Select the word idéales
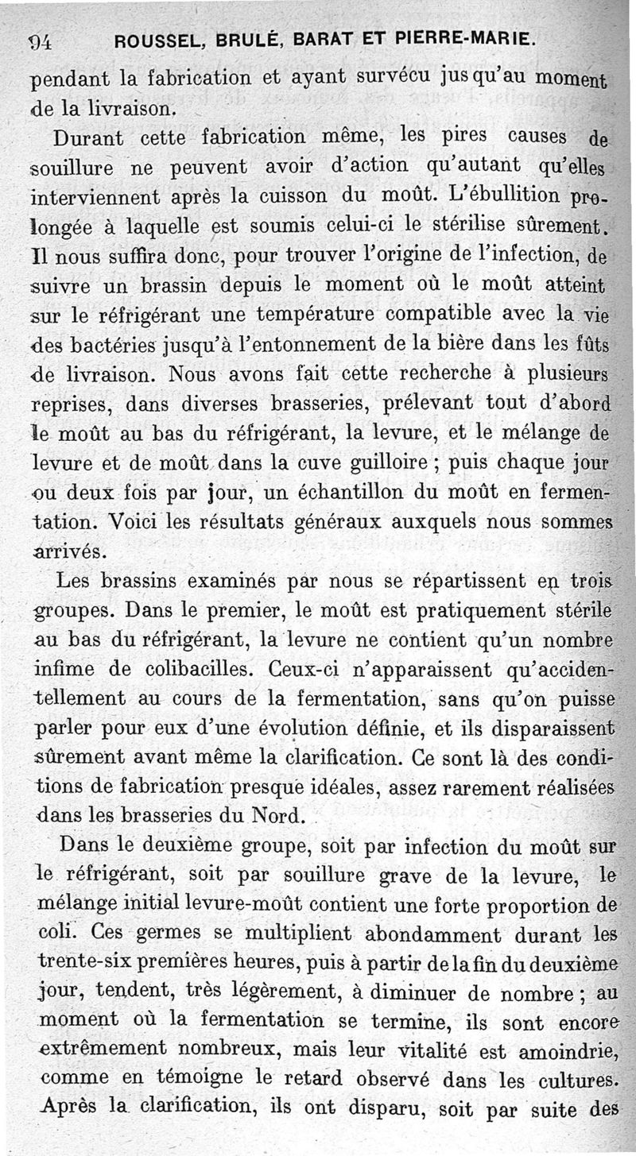[363, 787]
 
